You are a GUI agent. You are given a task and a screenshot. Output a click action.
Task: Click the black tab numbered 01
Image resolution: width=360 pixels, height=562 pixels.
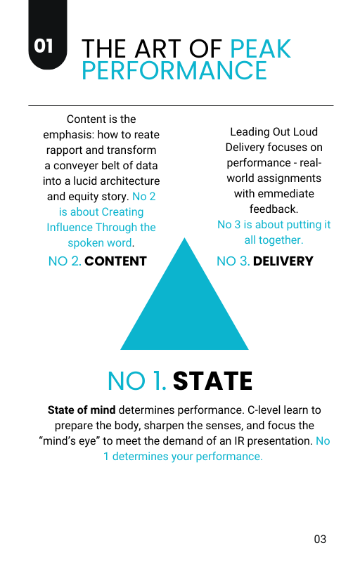point(48,34)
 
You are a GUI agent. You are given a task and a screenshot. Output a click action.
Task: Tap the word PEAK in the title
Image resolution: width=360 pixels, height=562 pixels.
point(260,48)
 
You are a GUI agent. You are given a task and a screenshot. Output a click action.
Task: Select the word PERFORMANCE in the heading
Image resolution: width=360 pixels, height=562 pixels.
point(174,70)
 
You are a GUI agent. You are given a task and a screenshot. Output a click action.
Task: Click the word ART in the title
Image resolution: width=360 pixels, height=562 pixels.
point(159,48)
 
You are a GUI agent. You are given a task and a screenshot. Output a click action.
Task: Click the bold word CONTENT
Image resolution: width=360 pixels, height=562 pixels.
point(115,261)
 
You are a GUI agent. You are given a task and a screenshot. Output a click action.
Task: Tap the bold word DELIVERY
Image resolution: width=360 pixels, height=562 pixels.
point(283,261)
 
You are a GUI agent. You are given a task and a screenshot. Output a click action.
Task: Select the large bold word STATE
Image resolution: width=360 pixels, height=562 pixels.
point(212,381)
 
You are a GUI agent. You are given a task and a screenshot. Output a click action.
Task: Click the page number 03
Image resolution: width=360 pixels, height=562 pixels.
point(320,539)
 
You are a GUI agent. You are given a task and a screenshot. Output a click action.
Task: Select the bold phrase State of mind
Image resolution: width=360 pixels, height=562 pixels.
point(82,410)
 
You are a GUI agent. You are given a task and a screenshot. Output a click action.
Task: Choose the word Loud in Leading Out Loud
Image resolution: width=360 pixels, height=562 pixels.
point(305,132)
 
